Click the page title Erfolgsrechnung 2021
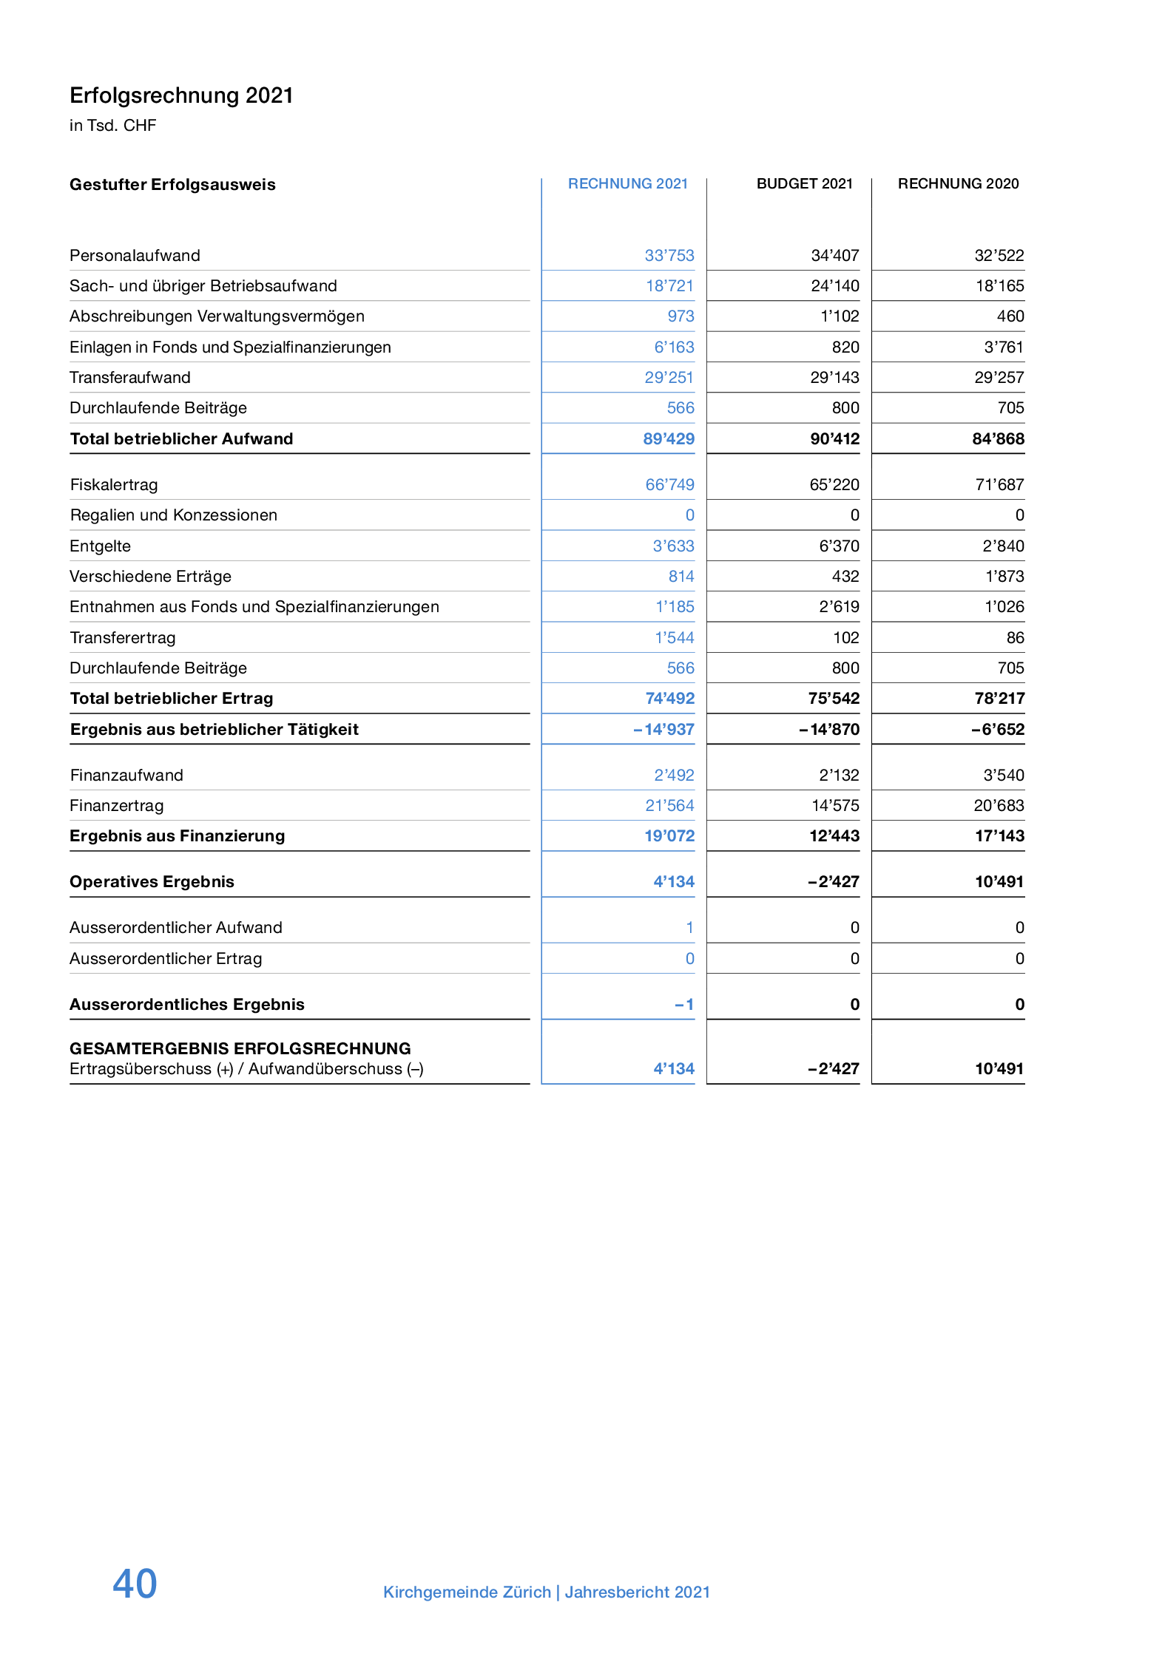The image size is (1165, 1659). (181, 95)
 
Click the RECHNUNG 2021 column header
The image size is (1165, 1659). (627, 183)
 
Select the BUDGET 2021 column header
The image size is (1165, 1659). (804, 183)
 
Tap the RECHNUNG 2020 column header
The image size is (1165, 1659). (958, 183)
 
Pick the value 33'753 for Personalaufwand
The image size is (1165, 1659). (669, 256)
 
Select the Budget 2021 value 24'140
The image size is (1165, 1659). (834, 286)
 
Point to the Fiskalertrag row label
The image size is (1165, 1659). (114, 485)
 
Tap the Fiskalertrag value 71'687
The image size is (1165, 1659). (999, 485)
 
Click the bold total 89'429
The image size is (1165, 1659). (668, 439)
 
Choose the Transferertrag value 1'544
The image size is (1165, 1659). (674, 638)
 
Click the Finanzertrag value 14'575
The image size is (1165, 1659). (835, 806)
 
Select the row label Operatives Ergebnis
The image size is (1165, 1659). (152, 882)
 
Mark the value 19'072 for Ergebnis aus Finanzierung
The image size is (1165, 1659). (669, 836)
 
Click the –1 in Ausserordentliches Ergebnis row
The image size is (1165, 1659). (684, 1005)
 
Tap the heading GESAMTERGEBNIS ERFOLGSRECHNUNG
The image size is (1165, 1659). (240, 1048)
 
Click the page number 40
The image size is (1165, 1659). (135, 1584)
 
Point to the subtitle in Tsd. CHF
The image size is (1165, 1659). (112, 126)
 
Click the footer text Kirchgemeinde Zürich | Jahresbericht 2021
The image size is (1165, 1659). (546, 1592)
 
